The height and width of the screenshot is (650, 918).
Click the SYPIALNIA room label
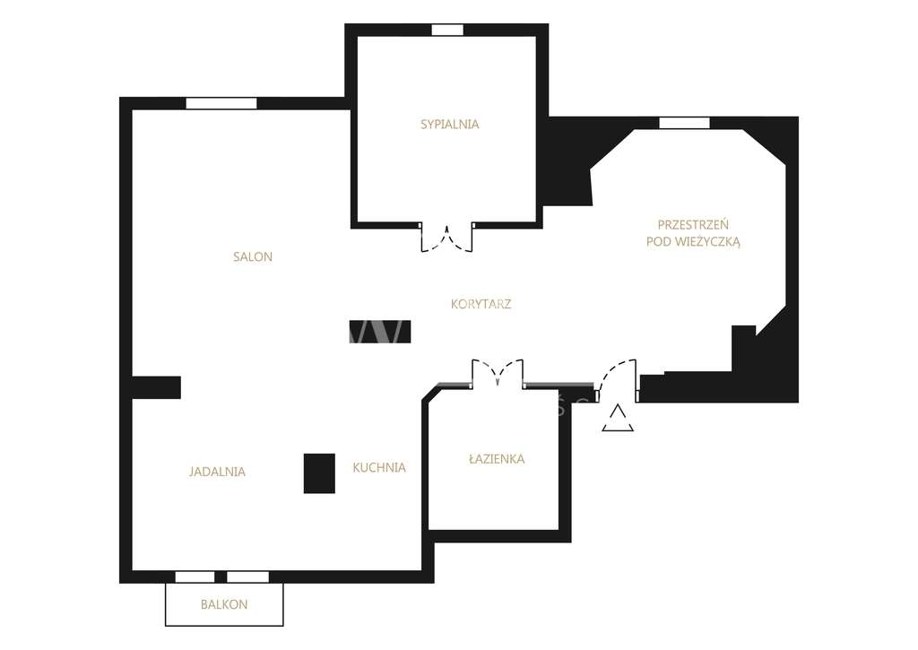pos(450,124)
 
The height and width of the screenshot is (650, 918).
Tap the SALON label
pos(253,256)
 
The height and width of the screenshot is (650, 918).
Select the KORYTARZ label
pos(481,304)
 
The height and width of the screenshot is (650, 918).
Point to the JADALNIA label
pos(217,472)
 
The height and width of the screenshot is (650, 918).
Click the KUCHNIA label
pos(379,467)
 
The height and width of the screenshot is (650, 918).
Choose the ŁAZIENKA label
pos(497,458)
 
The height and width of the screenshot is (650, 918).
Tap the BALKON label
pos(224,604)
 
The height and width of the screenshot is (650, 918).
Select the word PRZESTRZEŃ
pos(693,224)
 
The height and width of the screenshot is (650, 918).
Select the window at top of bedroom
pos(447,30)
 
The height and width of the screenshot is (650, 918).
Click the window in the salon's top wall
pos(221,103)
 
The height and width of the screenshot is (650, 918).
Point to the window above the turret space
pos(684,123)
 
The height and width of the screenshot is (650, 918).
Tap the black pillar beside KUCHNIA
pos(319,473)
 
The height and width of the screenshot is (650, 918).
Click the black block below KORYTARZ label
pos(379,332)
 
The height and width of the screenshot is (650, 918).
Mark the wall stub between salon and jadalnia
pos(156,387)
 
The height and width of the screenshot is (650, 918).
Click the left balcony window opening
pos(195,576)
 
